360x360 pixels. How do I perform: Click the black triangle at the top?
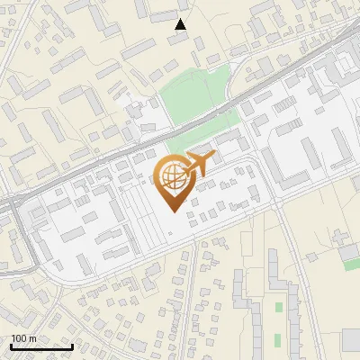181,23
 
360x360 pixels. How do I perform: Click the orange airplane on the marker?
197,164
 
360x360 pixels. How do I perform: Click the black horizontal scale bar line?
40,346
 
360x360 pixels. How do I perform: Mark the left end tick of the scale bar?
10,345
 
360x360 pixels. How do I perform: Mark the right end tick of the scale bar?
72,345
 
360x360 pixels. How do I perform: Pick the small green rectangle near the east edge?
352,264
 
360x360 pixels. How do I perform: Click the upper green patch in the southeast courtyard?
278,308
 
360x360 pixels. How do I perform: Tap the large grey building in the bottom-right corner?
350,340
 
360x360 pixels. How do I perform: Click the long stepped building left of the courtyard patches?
241,306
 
